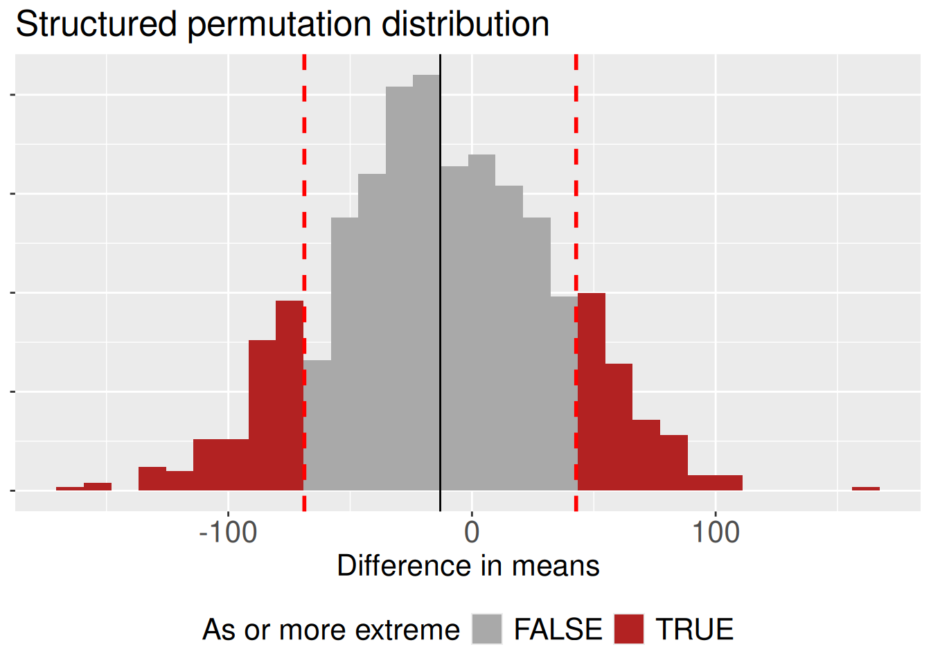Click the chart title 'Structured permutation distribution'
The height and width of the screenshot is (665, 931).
pyautogui.click(x=282, y=25)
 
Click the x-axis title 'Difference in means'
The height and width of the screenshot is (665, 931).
pyautogui.click(x=468, y=566)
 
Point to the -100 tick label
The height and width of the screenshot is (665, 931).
pyautogui.click(x=228, y=533)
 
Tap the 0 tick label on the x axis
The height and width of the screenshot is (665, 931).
pyautogui.click(x=472, y=533)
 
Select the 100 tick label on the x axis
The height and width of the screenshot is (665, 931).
pyautogui.click(x=716, y=533)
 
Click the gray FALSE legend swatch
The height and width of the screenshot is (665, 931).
pyautogui.click(x=487, y=629)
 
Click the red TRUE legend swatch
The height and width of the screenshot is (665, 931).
pyautogui.click(x=629, y=629)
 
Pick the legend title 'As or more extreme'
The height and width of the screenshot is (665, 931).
pyautogui.click(x=330, y=630)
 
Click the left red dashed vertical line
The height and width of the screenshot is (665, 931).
pyautogui.click(x=304, y=208)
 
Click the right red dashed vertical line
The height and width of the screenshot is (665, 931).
pyautogui.click(x=576, y=208)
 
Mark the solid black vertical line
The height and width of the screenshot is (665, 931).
pyautogui.click(x=441, y=277)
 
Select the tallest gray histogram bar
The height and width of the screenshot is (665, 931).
pyautogui.click(x=427, y=277)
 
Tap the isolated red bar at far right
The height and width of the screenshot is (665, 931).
pyautogui.click(x=866, y=488)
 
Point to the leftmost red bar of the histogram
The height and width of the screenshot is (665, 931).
pyautogui.click(x=70, y=488)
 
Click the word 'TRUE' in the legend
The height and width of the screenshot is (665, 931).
pyautogui.click(x=694, y=630)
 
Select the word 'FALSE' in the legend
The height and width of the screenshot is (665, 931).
pyautogui.click(x=558, y=630)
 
